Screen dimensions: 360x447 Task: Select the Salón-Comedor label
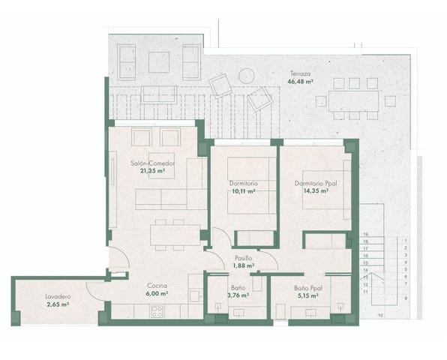point(152,163)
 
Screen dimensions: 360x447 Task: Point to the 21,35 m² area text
point(152,170)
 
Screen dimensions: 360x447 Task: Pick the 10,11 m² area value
point(244,190)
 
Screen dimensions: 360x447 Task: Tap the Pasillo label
point(243,258)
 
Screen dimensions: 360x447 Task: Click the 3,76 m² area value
point(238,295)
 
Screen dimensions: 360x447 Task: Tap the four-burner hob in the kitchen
point(158,311)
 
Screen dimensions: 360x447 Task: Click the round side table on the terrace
point(245,75)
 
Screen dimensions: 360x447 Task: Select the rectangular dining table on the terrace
point(348,100)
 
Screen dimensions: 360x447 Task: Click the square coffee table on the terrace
point(159,61)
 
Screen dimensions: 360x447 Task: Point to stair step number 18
point(366,241)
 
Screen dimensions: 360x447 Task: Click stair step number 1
point(405,241)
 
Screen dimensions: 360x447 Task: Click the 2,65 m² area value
point(56,304)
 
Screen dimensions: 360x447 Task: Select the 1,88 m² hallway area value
point(243,265)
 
